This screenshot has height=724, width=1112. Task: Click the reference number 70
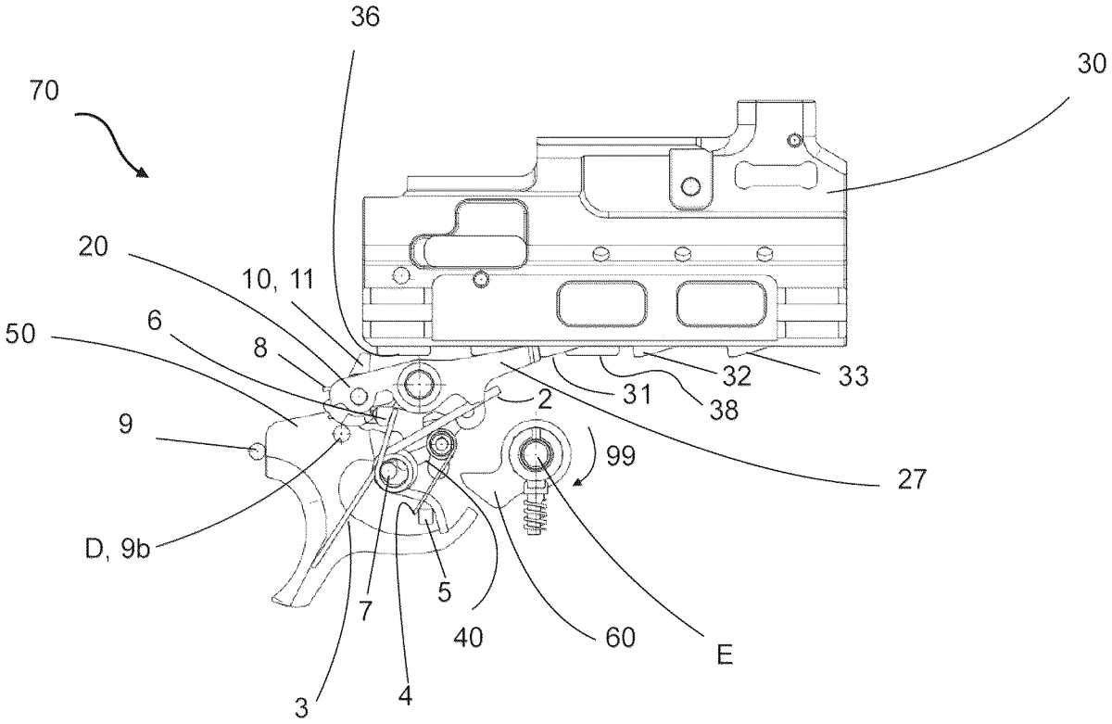point(44,91)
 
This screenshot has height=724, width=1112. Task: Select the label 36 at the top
point(365,17)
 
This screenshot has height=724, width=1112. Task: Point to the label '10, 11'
point(278,279)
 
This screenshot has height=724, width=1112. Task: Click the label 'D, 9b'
point(118,549)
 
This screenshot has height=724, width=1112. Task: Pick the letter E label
point(725,655)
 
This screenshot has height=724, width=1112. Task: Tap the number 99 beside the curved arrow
point(621,455)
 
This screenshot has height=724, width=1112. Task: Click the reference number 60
point(620,638)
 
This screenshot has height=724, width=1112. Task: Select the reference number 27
point(912,479)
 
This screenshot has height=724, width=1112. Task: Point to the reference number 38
point(724,410)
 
